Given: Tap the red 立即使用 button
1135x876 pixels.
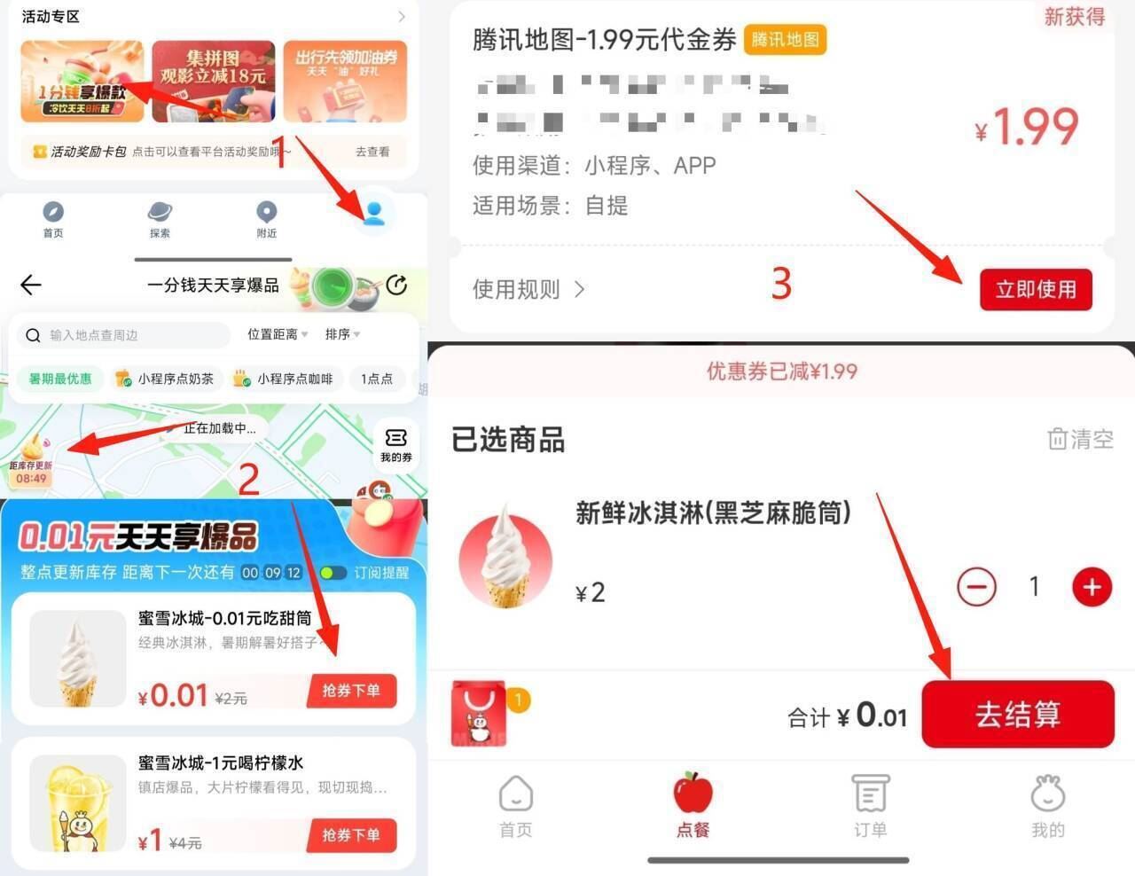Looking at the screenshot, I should [x=1035, y=290].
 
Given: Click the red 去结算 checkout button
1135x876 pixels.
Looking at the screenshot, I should [x=1017, y=715].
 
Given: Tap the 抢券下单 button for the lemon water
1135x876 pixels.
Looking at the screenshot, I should [x=351, y=835].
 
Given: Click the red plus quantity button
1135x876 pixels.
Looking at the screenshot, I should [x=1092, y=587].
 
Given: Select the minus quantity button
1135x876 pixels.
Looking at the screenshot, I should [x=976, y=587].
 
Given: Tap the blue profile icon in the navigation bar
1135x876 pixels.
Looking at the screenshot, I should [x=373, y=213].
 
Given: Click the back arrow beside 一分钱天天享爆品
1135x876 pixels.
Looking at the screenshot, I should [x=31, y=285].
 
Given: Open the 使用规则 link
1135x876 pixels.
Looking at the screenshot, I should [x=528, y=289].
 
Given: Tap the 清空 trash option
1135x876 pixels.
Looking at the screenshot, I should [x=1080, y=439].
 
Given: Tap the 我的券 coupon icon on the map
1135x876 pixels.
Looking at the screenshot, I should [x=395, y=444].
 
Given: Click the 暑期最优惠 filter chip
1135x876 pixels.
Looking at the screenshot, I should [x=60, y=379].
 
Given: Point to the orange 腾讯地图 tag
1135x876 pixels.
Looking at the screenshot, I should [x=785, y=39].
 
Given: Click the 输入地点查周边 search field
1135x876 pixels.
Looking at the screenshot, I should [x=124, y=335].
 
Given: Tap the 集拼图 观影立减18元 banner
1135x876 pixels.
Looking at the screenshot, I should [x=213, y=81].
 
